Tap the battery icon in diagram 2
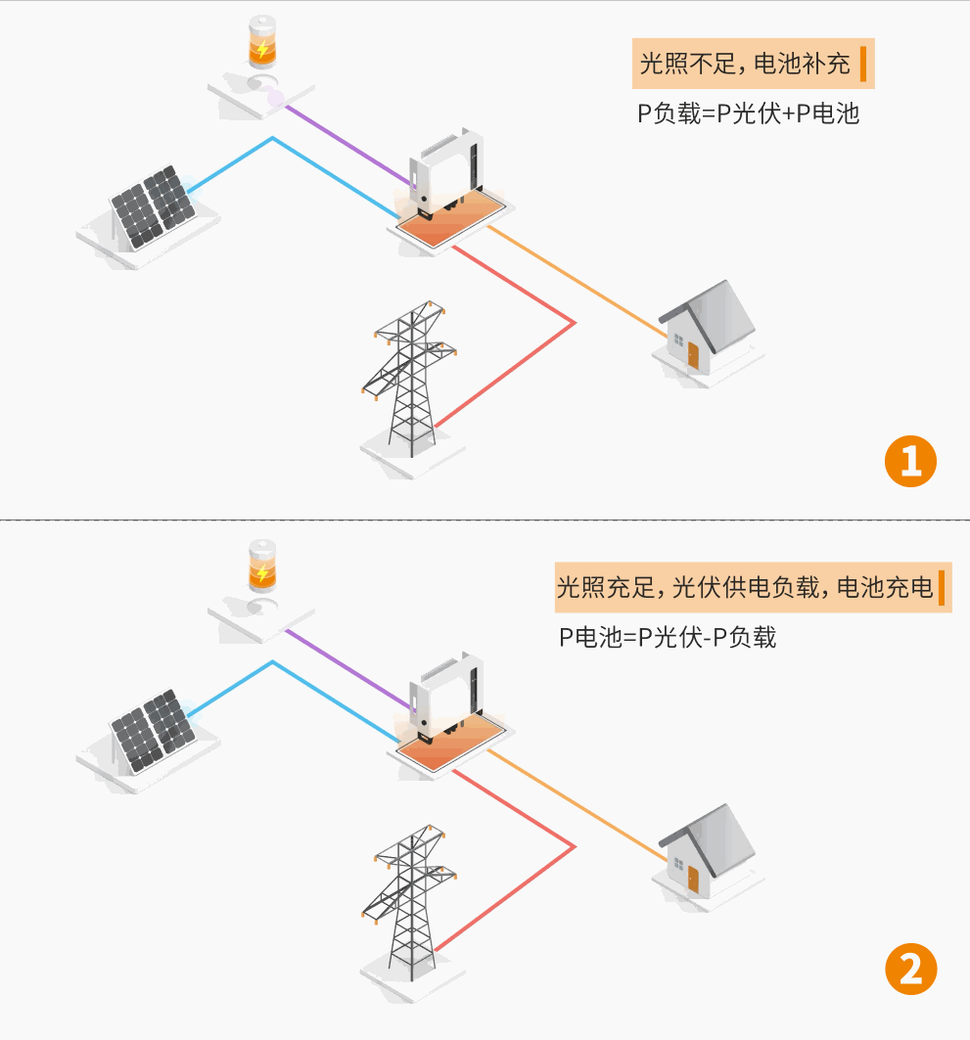tap(261, 566)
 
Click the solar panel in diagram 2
tap(152, 732)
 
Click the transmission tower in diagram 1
tap(411, 377)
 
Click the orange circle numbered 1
tap(910, 461)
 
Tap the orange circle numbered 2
tap(910, 971)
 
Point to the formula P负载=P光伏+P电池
tap(748, 113)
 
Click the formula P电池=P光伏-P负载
tap(668, 638)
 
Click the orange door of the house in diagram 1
tap(693, 355)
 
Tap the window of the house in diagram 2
tap(676, 862)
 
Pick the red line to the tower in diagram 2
tap(519, 881)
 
